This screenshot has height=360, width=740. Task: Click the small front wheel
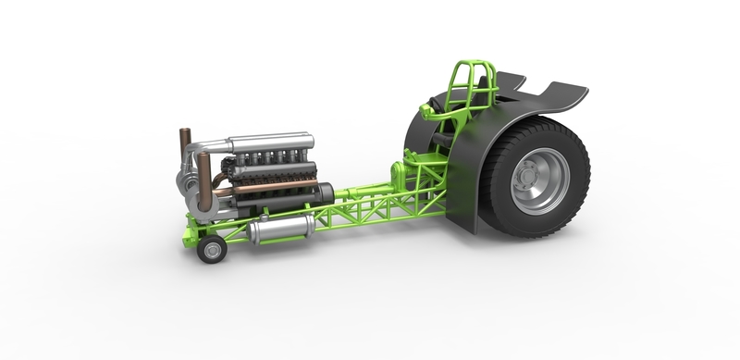tap(212, 248)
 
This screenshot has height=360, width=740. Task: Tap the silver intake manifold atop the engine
tap(268, 142)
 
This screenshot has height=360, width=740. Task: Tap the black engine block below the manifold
tap(273, 171)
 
